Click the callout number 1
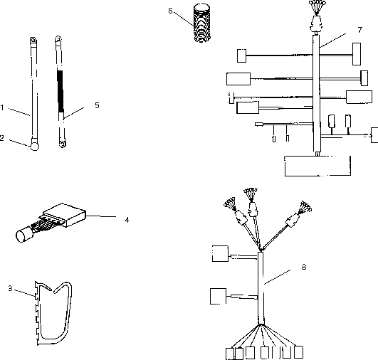coord(2,107)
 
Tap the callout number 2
coord(1,138)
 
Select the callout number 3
coord(10,288)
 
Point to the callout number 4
coord(127,220)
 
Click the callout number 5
coord(97,105)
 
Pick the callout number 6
coord(170,11)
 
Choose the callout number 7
coord(360,30)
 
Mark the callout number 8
coord(304,267)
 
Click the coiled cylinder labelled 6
coord(202,23)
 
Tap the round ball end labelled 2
coord(35,147)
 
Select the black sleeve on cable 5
coord(61,92)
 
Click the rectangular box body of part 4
coord(65,215)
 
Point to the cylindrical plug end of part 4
coord(23,235)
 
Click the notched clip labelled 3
coord(53,313)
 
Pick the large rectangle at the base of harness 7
coord(317,166)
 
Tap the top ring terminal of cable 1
coord(33,41)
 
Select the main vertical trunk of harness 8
coord(261,288)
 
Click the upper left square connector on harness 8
coord(220,253)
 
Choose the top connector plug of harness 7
coord(316,23)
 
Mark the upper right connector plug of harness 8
coord(293,221)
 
